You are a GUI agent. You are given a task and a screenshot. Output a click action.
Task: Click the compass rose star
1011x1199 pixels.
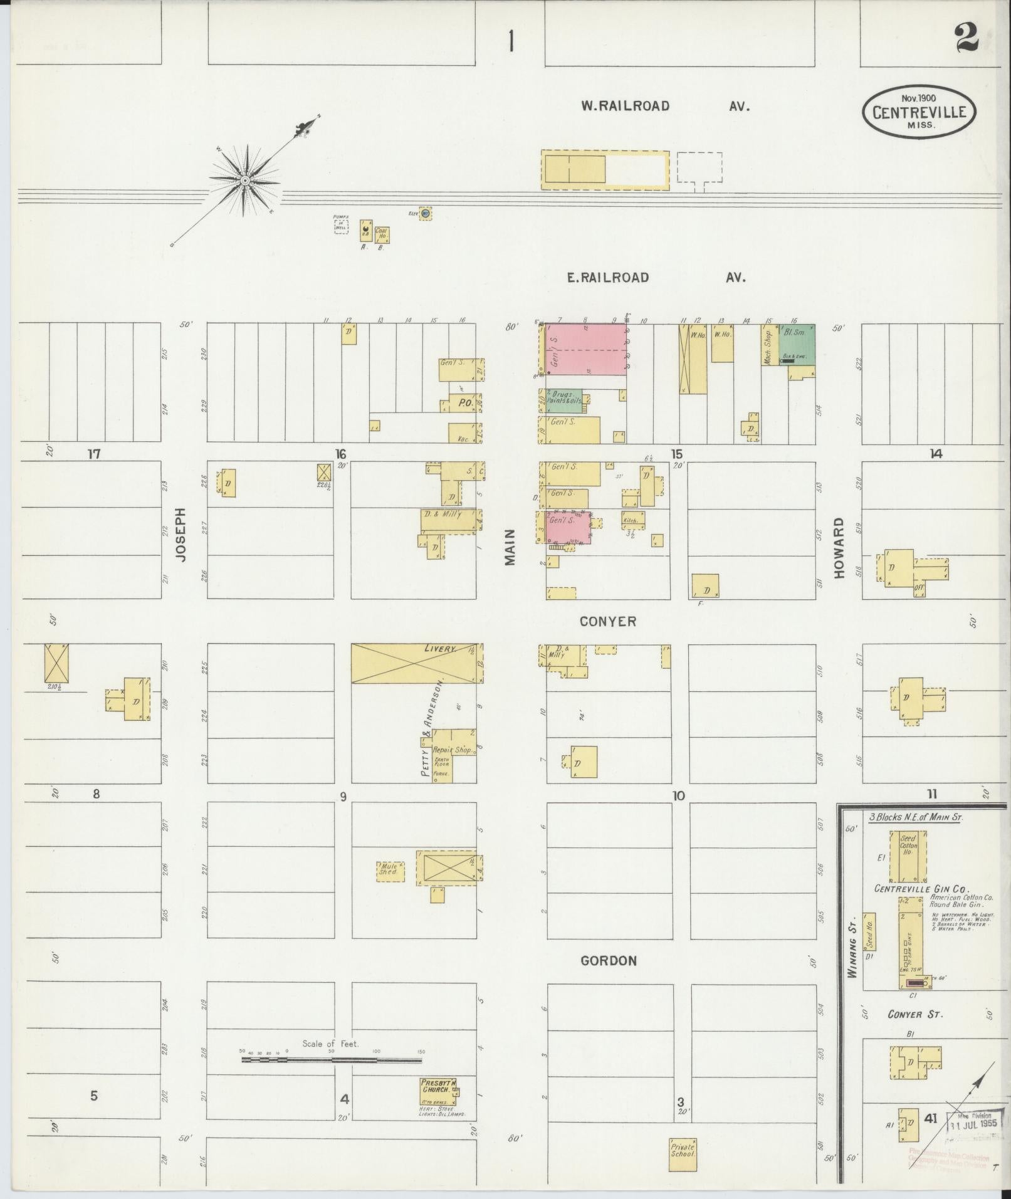[x=244, y=181]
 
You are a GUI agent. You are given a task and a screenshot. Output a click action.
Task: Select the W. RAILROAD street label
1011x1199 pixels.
[x=625, y=107]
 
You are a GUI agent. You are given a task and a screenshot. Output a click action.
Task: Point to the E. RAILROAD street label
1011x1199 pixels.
[x=607, y=277]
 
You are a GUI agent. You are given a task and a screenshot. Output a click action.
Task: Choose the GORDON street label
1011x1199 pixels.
[x=608, y=960]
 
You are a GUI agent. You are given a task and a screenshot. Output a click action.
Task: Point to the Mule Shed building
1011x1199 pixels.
[x=390, y=871]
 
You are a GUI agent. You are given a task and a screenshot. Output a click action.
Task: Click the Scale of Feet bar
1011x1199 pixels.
[x=332, y=1060]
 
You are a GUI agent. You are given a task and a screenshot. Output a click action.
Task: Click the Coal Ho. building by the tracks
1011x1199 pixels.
[x=381, y=234]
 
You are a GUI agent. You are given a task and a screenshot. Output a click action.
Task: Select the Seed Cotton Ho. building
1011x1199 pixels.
[x=908, y=856]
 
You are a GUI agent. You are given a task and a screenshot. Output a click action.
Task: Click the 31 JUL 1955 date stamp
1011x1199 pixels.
[x=974, y=1124]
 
